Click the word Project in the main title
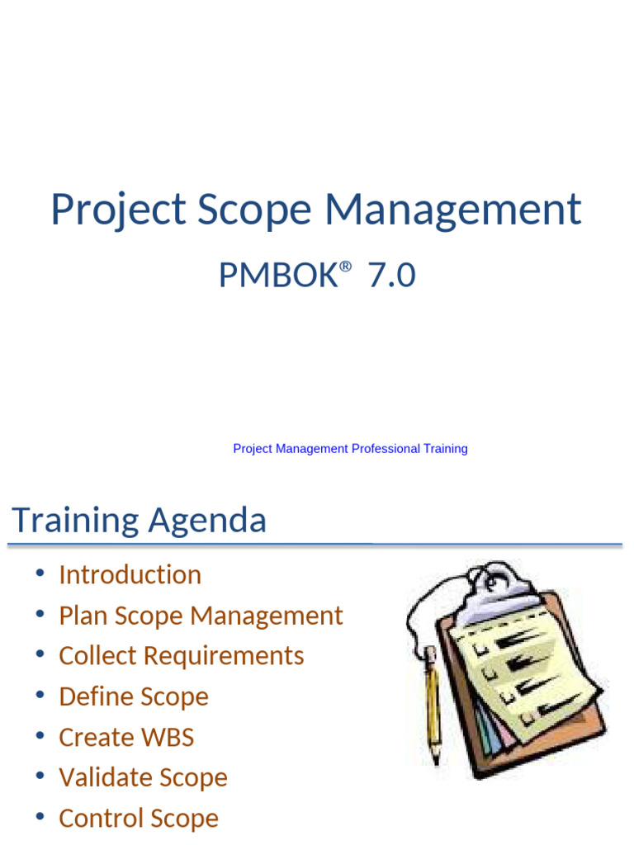tap(118, 210)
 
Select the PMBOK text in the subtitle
tap(277, 276)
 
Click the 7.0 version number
tap(392, 276)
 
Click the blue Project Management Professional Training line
tap(350, 449)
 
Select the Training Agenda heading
tap(139, 521)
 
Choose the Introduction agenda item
tap(130, 574)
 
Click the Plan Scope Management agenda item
tap(201, 616)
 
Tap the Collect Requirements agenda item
tap(181, 656)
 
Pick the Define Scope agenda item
tap(133, 696)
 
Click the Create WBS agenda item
tap(125, 737)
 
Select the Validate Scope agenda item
tap(143, 777)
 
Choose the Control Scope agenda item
tap(139, 818)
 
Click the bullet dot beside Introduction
tap(40, 574)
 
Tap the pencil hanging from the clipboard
tap(433, 701)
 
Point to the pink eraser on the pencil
tap(429, 654)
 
